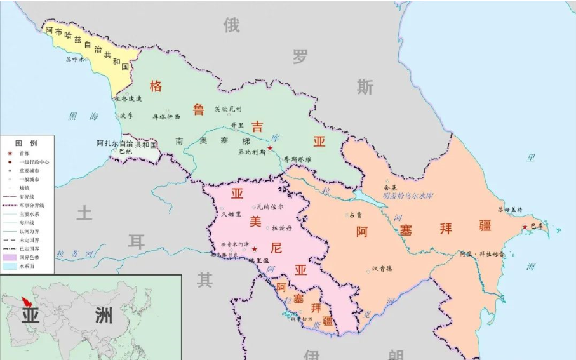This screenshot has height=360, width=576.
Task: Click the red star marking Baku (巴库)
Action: coord(525,227)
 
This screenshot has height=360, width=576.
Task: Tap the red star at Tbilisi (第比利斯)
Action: coord(270,148)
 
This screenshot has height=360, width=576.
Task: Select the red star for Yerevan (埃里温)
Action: coord(254,249)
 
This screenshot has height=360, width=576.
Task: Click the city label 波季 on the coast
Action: coord(126,116)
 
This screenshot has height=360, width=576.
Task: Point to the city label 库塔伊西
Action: coord(166,116)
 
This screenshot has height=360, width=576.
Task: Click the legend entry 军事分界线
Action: coord(31,206)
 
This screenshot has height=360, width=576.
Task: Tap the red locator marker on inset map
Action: coord(27,303)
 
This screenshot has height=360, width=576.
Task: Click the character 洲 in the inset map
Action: coord(104,314)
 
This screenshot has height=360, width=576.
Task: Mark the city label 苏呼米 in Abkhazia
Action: coord(76,60)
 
